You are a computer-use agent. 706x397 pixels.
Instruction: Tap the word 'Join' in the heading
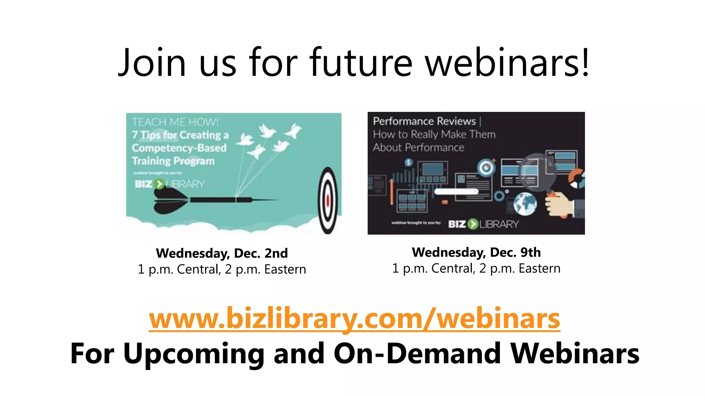(152, 63)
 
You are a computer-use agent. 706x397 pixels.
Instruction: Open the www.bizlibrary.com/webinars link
(354, 318)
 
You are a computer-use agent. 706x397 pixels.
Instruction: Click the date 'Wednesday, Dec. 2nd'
(222, 253)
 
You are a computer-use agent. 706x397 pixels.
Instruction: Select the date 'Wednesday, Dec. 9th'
(476, 252)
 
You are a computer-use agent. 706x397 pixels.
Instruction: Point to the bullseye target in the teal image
(327, 200)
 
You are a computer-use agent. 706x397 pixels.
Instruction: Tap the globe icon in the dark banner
(525, 203)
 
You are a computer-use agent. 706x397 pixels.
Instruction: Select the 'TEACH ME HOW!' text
(175, 122)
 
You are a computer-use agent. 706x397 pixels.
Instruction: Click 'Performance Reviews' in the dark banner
(424, 121)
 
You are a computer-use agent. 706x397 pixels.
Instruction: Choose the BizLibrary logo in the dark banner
(483, 224)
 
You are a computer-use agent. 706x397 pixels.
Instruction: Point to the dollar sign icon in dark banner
(409, 162)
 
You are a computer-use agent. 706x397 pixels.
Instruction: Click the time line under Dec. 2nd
(222, 269)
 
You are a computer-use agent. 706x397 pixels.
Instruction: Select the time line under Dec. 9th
(476, 268)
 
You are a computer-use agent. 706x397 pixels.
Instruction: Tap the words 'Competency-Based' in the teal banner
(179, 148)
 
